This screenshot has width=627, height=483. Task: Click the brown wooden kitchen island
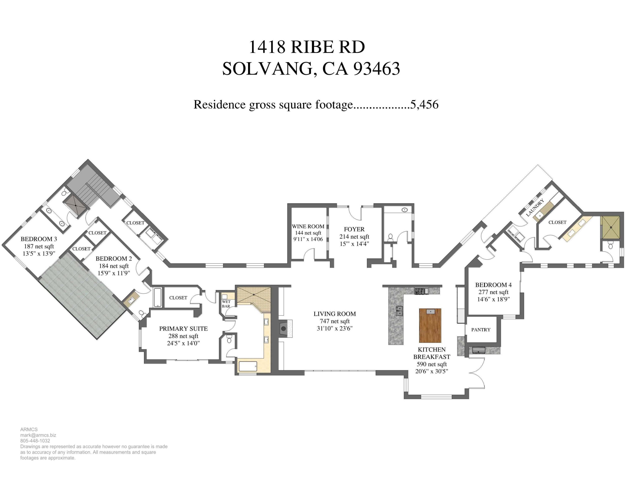pyautogui.click(x=430, y=325)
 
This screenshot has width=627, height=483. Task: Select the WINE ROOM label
pyautogui.click(x=308, y=226)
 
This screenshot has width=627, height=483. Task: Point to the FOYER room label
pyautogui.click(x=354, y=229)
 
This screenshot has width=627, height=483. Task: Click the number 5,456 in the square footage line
pyautogui.click(x=424, y=105)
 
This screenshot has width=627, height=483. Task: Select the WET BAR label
pyautogui.click(x=226, y=304)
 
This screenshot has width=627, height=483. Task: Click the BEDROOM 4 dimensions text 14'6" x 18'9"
pyautogui.click(x=493, y=299)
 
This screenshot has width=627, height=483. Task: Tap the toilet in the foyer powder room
pyautogui.click(x=390, y=237)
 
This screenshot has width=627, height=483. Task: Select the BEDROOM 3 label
pyautogui.click(x=39, y=239)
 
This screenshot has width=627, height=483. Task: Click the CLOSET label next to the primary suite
pyautogui.click(x=178, y=298)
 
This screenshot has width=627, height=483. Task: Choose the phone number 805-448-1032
pyautogui.click(x=35, y=441)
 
